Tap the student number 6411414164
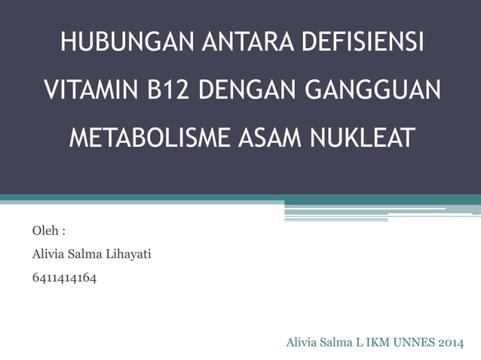[64, 279]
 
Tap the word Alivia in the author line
[47, 255]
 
